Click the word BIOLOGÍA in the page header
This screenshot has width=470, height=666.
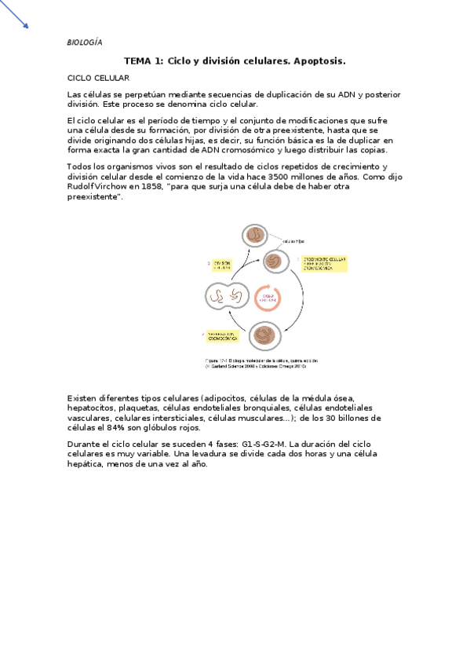coord(84,42)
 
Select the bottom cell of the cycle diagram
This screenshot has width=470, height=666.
coord(264,336)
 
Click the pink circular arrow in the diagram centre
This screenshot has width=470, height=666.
coord(267,297)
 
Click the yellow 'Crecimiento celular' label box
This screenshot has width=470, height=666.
coord(323,263)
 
